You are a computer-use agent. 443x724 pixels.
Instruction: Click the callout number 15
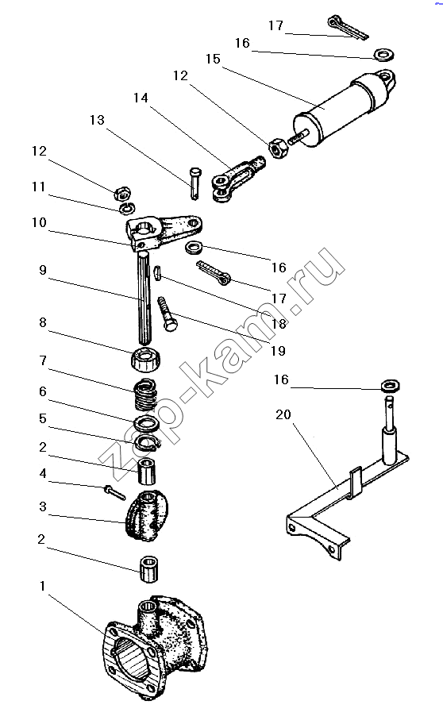coord(213,59)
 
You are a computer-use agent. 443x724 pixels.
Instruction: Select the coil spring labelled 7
coord(146,395)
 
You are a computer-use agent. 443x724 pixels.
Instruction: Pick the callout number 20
coord(283,414)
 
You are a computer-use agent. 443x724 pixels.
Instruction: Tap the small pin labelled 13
coord(195,183)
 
